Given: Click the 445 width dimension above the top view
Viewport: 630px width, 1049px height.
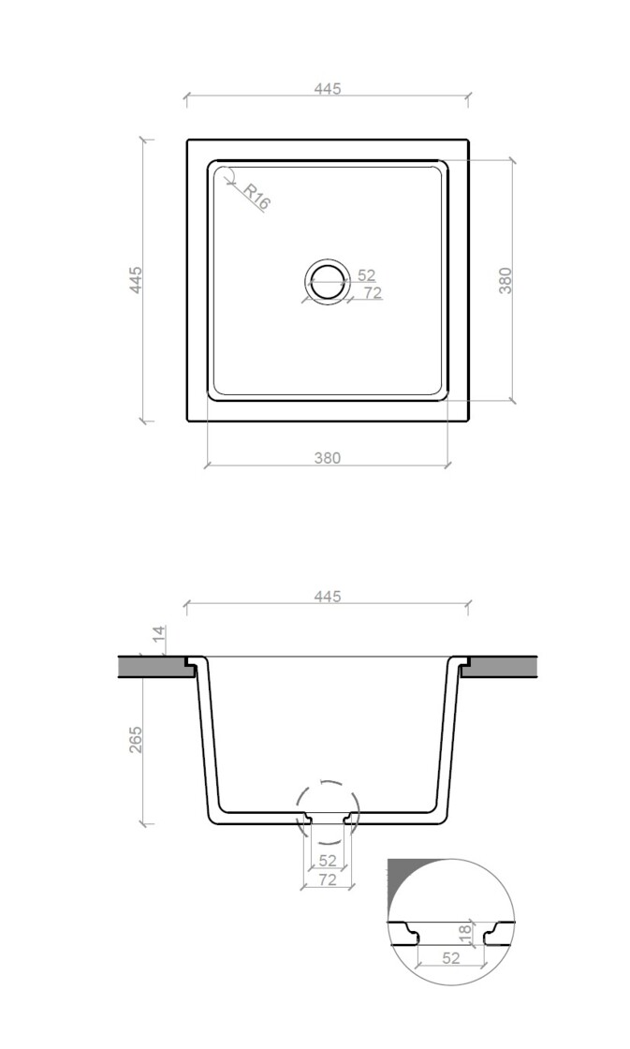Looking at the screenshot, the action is [x=328, y=88].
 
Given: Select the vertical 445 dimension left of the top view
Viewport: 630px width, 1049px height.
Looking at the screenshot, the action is [x=136, y=280].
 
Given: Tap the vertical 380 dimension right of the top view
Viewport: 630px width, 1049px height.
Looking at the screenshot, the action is [x=505, y=280].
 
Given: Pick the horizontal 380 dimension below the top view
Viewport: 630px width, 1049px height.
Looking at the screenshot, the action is [x=328, y=458].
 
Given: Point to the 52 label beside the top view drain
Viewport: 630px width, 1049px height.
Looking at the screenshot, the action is [x=367, y=275].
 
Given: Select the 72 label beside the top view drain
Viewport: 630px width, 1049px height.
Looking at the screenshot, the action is [x=373, y=292].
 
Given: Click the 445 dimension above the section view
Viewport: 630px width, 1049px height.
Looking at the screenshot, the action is [x=328, y=596].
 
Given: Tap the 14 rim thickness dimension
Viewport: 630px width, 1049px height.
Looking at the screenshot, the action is [x=158, y=635].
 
